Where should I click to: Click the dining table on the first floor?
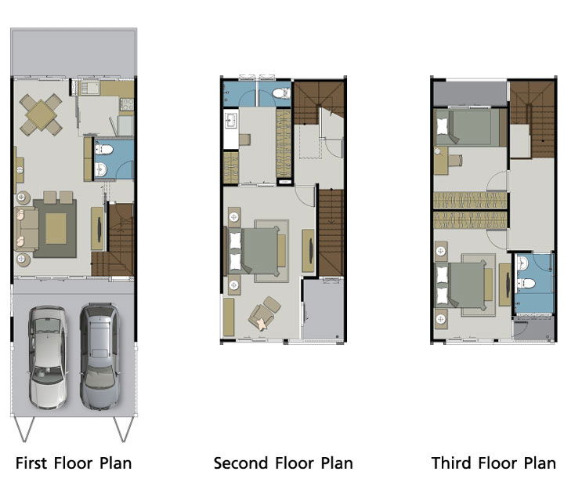(42, 114)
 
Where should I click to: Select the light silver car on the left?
(48, 357)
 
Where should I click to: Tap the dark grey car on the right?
(99, 357)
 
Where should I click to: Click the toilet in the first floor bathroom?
(104, 149)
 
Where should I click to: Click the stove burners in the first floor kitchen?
(127, 104)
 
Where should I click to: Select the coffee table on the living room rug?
(56, 228)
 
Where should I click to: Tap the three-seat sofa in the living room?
(27, 229)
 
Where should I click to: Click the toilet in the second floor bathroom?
(281, 93)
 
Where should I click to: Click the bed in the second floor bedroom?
(254, 251)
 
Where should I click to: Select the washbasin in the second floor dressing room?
(230, 120)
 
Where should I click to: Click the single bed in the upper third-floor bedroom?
(468, 127)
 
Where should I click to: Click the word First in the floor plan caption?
(31, 463)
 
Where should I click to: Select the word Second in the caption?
(240, 463)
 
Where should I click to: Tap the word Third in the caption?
(451, 463)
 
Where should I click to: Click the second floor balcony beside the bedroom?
(323, 309)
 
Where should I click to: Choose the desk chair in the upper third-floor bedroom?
(455, 160)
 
